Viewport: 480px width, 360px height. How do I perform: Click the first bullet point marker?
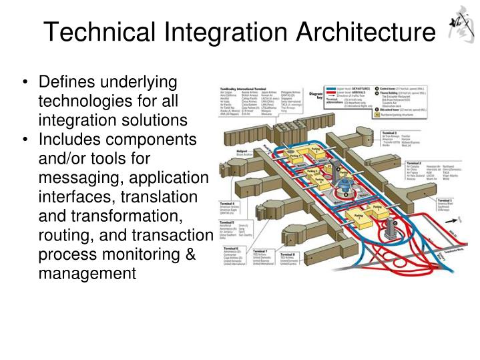[x=25, y=83]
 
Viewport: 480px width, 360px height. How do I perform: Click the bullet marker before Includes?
[x=25, y=141]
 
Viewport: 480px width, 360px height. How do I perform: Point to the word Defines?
[x=65, y=82]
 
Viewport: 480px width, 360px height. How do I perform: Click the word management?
[x=87, y=275]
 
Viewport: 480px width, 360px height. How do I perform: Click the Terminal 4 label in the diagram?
[x=228, y=202]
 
